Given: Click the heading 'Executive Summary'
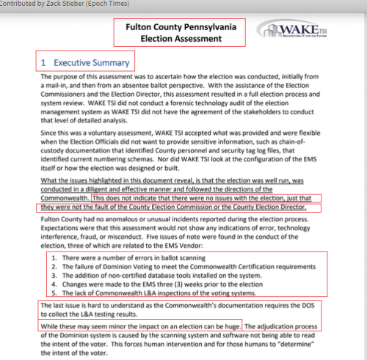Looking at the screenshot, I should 90,63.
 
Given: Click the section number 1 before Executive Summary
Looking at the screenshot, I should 44,63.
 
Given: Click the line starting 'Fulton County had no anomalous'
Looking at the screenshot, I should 176,219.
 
